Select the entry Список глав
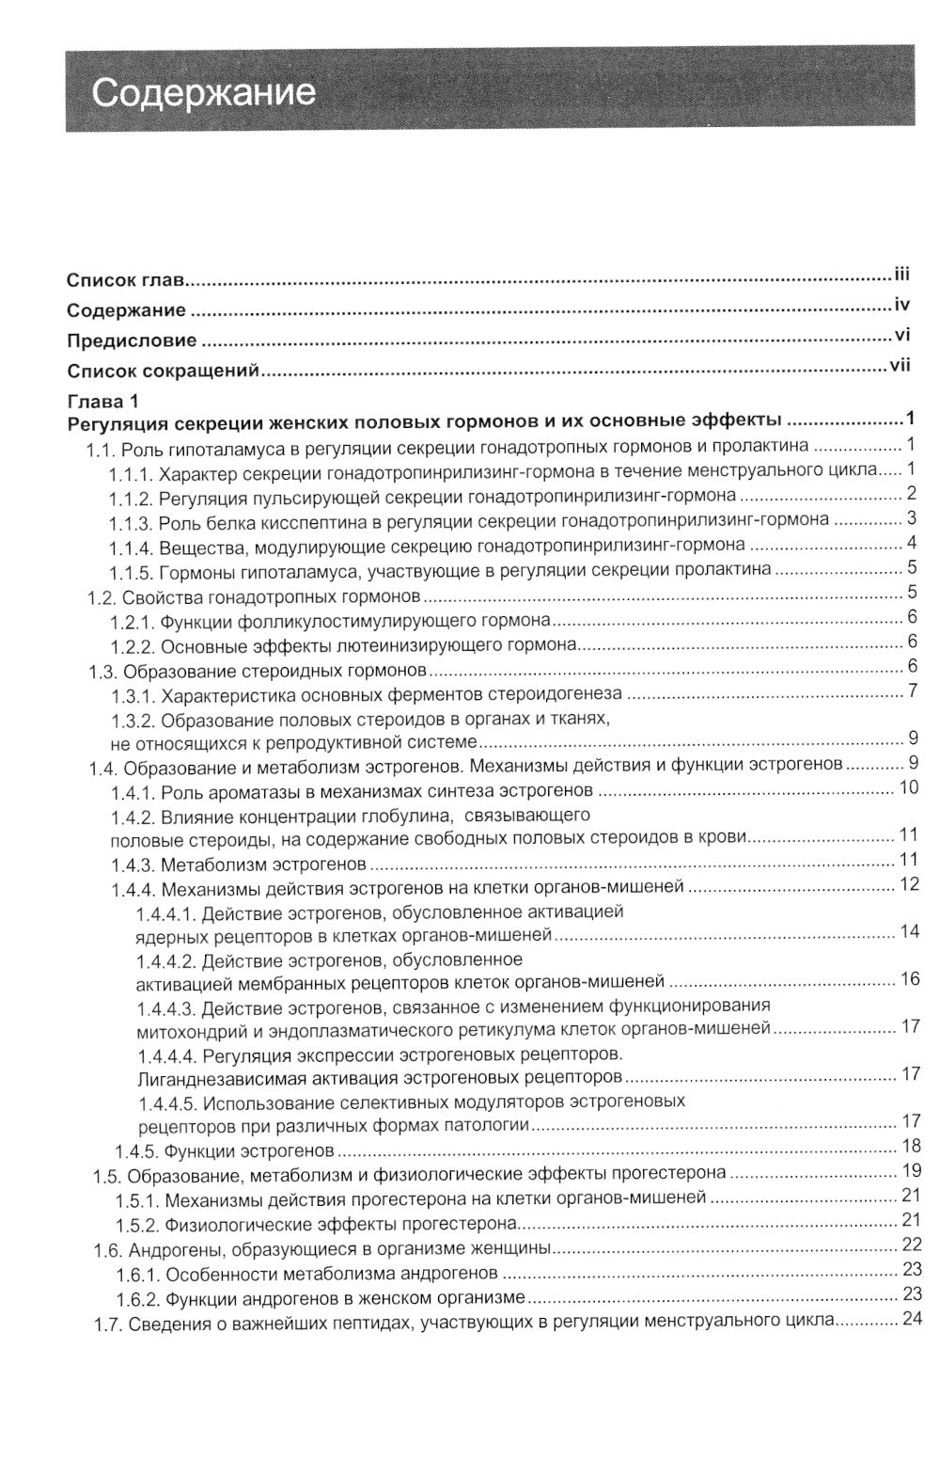click(x=125, y=280)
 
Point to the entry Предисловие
click(x=132, y=341)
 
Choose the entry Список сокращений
click(x=163, y=371)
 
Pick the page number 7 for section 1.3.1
click(x=911, y=691)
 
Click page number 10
click(x=908, y=787)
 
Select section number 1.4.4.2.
click(x=165, y=960)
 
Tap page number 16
click(x=909, y=979)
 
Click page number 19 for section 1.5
click(x=909, y=1171)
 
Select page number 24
click(x=909, y=1319)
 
